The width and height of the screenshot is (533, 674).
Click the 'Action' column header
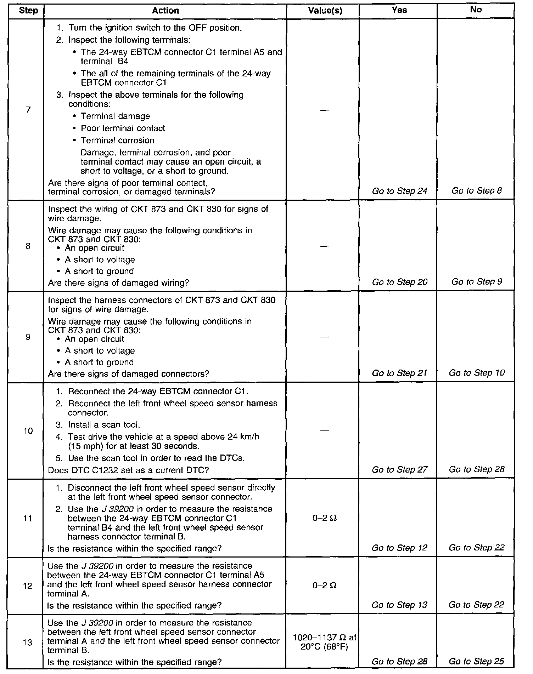[x=165, y=11]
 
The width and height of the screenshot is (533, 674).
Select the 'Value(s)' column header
[x=325, y=11]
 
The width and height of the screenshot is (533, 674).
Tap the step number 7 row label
[x=28, y=109]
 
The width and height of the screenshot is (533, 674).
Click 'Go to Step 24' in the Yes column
[x=399, y=191]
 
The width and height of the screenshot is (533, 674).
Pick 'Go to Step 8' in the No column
[x=477, y=191]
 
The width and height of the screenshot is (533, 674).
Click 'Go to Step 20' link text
[x=399, y=282]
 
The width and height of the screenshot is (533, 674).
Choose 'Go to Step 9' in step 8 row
[x=477, y=282]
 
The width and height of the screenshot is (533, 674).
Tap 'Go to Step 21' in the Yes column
[x=399, y=373]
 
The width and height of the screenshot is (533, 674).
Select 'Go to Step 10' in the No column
[x=477, y=373]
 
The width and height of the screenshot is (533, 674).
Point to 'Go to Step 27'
[x=399, y=470]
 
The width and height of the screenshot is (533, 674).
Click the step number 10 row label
[x=28, y=431]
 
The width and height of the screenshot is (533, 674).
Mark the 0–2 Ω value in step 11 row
[x=325, y=518]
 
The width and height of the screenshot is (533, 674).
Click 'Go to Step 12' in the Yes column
[x=399, y=548]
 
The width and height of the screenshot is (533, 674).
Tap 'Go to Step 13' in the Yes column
[x=399, y=605]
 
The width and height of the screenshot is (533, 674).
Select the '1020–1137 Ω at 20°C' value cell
[x=325, y=642]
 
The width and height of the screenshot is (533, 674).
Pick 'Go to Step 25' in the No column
[x=477, y=662]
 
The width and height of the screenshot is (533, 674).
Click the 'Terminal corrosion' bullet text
[x=117, y=141]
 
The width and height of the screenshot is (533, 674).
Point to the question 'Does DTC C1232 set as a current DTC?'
[x=128, y=470]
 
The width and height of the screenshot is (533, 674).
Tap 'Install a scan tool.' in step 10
[x=106, y=425]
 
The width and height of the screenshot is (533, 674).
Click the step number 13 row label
[x=28, y=642]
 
